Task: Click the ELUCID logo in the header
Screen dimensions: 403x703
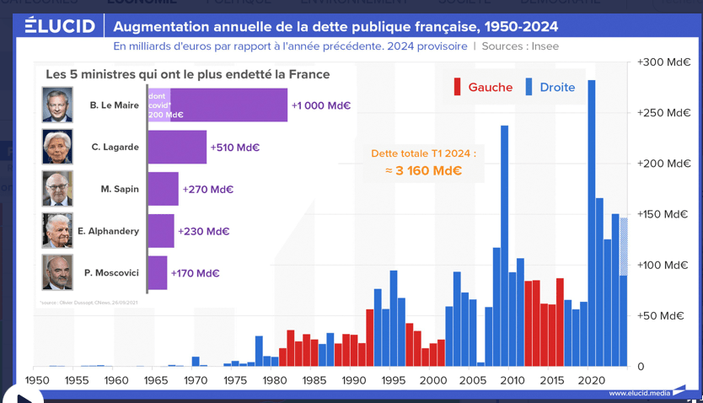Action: pos(59,25)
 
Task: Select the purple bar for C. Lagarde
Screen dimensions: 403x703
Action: pos(177,148)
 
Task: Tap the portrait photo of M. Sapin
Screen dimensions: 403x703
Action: pos(57,189)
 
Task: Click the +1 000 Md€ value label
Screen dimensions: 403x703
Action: pos(321,106)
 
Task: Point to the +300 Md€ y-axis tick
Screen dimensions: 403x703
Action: pos(664,62)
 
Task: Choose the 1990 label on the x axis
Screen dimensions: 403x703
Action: pos(353,380)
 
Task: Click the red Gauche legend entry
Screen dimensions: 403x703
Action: pos(483,87)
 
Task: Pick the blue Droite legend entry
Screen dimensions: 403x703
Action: pos(550,87)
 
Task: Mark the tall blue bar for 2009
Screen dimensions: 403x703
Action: pos(504,244)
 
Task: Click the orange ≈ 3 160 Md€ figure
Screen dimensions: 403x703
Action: pos(423,170)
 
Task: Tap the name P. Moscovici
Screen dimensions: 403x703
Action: pos(111,273)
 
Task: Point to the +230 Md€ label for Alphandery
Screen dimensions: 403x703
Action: pos(203,231)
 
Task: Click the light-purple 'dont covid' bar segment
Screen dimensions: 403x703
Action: pos(158,105)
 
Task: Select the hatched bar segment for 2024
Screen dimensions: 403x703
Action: pos(624,246)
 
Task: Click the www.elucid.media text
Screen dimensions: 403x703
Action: pos(639,393)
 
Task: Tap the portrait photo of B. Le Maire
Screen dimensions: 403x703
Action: pos(57,105)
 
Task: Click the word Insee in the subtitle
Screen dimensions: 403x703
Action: pos(544,46)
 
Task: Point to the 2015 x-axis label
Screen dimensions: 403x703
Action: pos(550,380)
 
